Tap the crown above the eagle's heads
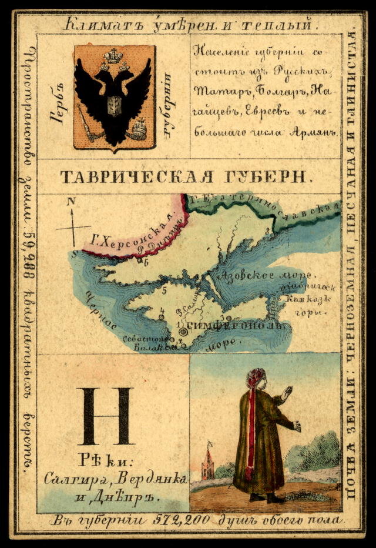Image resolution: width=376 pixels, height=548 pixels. [x=112, y=56]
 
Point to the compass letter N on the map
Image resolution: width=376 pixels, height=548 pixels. [x=72, y=201]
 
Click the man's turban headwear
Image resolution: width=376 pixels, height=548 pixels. [x=256, y=377]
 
